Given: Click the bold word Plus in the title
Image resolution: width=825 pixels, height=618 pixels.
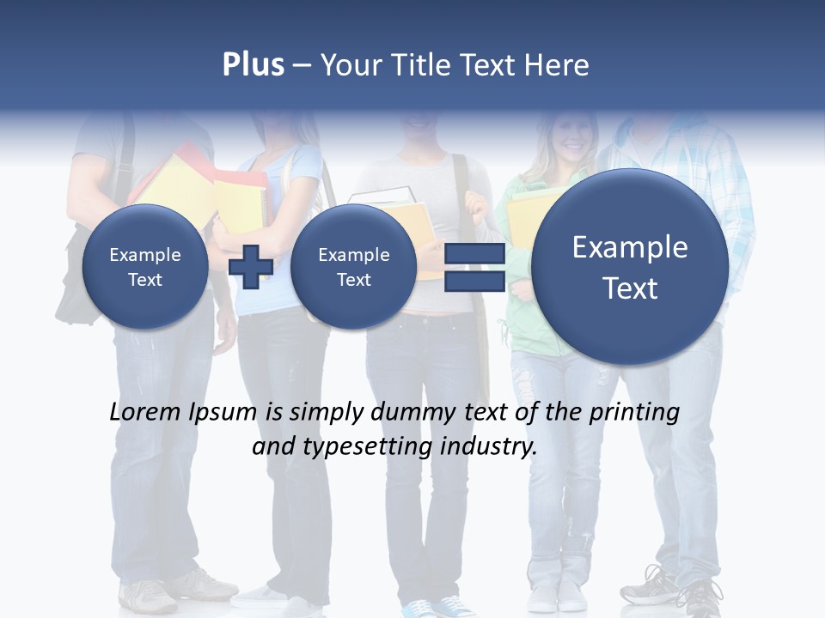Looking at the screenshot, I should pos(253,65).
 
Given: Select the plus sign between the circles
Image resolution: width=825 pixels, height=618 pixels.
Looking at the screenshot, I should pos(251,266).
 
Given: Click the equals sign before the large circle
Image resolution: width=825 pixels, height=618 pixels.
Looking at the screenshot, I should pos(474,267).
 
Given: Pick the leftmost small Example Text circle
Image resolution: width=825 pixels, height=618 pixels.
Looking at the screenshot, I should pos(145,267).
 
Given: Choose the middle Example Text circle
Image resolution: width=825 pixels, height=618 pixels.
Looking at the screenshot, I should pos(353,267).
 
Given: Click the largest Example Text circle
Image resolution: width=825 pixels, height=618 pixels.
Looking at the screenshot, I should pos(630,267).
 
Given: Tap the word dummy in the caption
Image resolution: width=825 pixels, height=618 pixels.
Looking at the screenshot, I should pos(412,413).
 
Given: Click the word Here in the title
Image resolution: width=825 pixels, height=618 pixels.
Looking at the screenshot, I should pos(558,65).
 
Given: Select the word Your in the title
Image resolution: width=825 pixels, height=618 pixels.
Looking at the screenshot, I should pos(347,65).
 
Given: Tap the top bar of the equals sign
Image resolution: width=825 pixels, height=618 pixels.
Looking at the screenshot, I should pos(474,255).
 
